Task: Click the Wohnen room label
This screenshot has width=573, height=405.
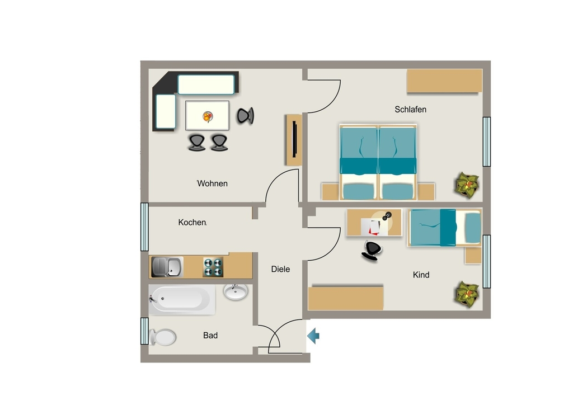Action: click(212, 183)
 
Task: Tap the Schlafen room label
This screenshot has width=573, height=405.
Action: click(410, 110)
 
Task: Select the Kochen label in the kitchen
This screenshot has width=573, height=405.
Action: click(192, 223)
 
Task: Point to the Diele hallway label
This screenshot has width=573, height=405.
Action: click(280, 269)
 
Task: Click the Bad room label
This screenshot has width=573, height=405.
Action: click(210, 335)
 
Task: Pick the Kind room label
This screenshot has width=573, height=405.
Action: click(421, 275)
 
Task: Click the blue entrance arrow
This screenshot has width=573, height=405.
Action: click(313, 336)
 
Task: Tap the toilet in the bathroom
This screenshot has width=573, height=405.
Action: click(163, 337)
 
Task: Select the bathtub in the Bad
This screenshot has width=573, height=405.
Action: click(182, 299)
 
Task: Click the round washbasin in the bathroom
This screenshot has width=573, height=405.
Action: click(236, 292)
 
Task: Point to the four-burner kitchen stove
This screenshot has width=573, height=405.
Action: click(213, 267)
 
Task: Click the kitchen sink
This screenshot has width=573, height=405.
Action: click(167, 267)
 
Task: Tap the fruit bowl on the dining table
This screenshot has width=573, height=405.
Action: click(208, 117)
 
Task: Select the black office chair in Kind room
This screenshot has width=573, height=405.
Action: click(372, 251)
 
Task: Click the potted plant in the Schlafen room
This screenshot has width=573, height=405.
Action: click(467, 185)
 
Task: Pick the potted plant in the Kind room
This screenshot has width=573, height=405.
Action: click(467, 294)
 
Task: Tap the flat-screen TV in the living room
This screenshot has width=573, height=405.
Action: click(294, 139)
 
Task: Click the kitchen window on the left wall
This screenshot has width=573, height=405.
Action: click(145, 227)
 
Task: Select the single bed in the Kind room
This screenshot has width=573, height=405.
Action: click(445, 228)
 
